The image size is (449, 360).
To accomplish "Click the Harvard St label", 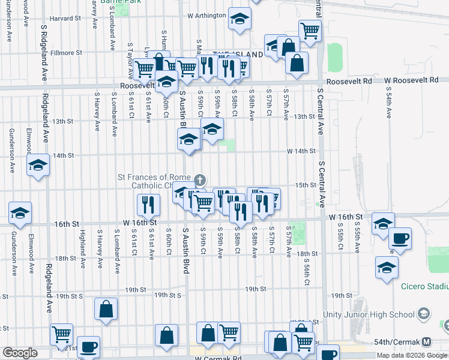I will [x=58, y=18].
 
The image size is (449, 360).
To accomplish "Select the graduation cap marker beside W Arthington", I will [x=240, y=20].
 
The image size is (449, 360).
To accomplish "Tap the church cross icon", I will [x=200, y=179].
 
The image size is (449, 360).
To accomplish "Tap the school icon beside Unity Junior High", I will [x=424, y=314].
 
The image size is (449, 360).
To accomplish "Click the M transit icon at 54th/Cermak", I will [x=427, y=342].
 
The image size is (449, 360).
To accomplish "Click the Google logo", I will [x=19, y=353].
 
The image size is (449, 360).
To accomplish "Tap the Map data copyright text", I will [x=411, y=355].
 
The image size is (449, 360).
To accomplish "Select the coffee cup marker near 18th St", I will [x=400, y=238].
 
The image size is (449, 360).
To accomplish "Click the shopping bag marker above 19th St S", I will [x=106, y=310].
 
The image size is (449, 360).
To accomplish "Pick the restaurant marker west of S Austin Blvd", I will [x=148, y=206].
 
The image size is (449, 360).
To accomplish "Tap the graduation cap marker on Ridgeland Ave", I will [x=38, y=165].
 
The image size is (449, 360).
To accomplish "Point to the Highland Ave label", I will [x=82, y=242].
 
